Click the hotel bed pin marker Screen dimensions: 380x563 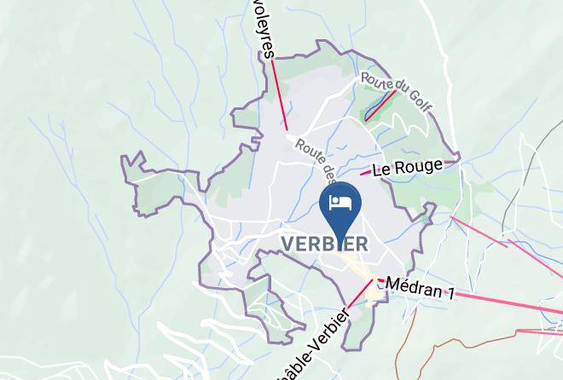(x=341, y=205)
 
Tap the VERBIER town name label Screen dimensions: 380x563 (x=325, y=245)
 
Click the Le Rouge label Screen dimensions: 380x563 (x=409, y=166)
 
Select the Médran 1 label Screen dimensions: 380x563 (x=419, y=288)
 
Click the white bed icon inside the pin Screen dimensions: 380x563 (x=341, y=203)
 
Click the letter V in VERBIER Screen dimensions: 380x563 (x=288, y=245)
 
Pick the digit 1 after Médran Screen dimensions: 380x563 (x=449, y=295)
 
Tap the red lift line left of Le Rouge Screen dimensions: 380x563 (x=365, y=173)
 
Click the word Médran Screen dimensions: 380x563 (x=412, y=287)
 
